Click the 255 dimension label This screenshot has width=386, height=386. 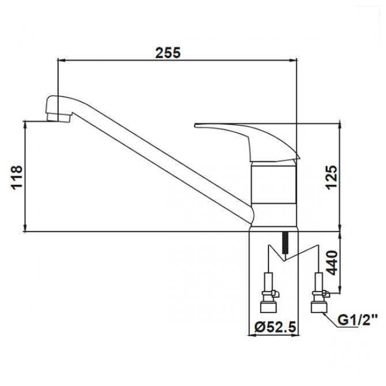(168, 52)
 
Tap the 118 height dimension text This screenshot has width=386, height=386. (17, 177)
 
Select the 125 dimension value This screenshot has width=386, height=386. (331, 177)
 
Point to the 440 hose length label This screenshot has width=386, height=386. (332, 263)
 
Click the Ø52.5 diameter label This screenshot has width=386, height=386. (275, 327)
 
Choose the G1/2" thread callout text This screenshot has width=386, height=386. (357, 320)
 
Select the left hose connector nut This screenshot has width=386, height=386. (268, 308)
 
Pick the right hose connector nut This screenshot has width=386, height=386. (319, 308)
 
